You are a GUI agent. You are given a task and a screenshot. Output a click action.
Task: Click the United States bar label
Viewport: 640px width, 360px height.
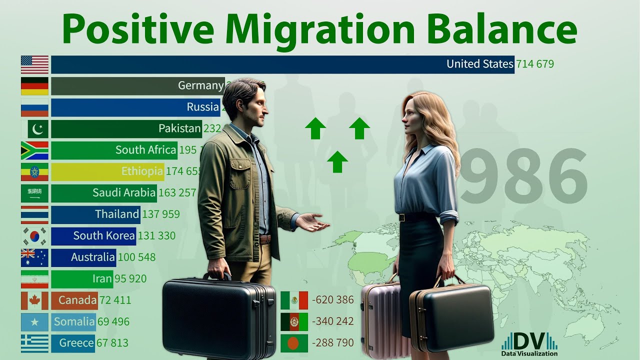click(x=479, y=64)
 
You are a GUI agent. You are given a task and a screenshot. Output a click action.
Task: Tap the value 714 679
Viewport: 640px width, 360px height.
click(x=534, y=64)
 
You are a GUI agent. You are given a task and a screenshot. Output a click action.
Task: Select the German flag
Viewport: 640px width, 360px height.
click(x=34, y=85)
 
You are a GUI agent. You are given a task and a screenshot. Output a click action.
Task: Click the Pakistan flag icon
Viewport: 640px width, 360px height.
click(x=34, y=129)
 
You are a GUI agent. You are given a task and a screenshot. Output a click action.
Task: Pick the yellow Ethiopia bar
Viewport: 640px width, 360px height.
click(x=107, y=171)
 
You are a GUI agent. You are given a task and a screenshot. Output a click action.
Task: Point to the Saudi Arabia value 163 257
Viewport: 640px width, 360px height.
click(x=177, y=192)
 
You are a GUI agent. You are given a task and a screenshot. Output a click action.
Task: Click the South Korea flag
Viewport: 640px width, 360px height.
click(x=34, y=236)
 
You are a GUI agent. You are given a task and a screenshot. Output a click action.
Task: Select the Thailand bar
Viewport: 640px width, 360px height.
click(x=95, y=214)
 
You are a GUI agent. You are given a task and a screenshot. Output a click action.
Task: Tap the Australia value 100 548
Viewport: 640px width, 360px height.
click(x=136, y=257)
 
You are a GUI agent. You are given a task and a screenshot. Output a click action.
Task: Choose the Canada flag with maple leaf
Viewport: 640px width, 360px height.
click(x=34, y=300)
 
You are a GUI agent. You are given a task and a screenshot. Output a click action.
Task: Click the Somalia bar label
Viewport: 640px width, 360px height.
click(x=74, y=321)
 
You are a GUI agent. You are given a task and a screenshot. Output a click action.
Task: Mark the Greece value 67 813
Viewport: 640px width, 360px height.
click(x=113, y=343)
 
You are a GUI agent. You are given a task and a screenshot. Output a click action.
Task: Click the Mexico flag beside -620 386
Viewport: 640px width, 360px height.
click(x=294, y=300)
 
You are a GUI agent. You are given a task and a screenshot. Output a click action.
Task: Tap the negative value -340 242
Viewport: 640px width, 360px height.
click(x=332, y=321)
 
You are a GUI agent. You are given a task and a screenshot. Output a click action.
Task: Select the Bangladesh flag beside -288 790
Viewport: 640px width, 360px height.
click(x=294, y=343)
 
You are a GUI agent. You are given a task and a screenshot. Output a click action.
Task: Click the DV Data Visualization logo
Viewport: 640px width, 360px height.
click(x=529, y=344)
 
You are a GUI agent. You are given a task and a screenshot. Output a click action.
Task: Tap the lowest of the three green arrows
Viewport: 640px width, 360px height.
click(x=337, y=161)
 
